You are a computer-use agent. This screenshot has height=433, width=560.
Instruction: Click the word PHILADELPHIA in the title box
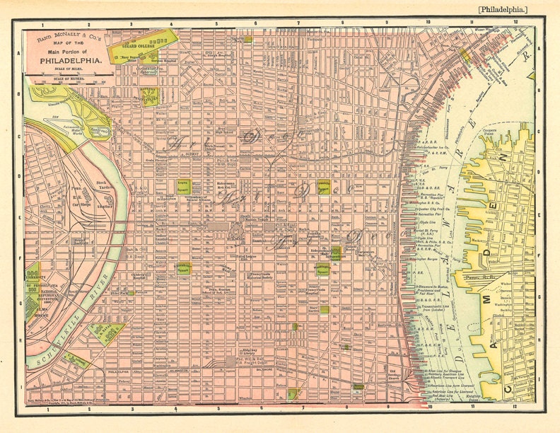pos(69,61)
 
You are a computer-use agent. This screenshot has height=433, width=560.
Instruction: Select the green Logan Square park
pos(184,187)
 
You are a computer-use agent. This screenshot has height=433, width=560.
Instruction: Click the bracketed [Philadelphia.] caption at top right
pos(502,9)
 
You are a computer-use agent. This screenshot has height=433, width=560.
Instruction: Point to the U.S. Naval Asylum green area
pos(106,333)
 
